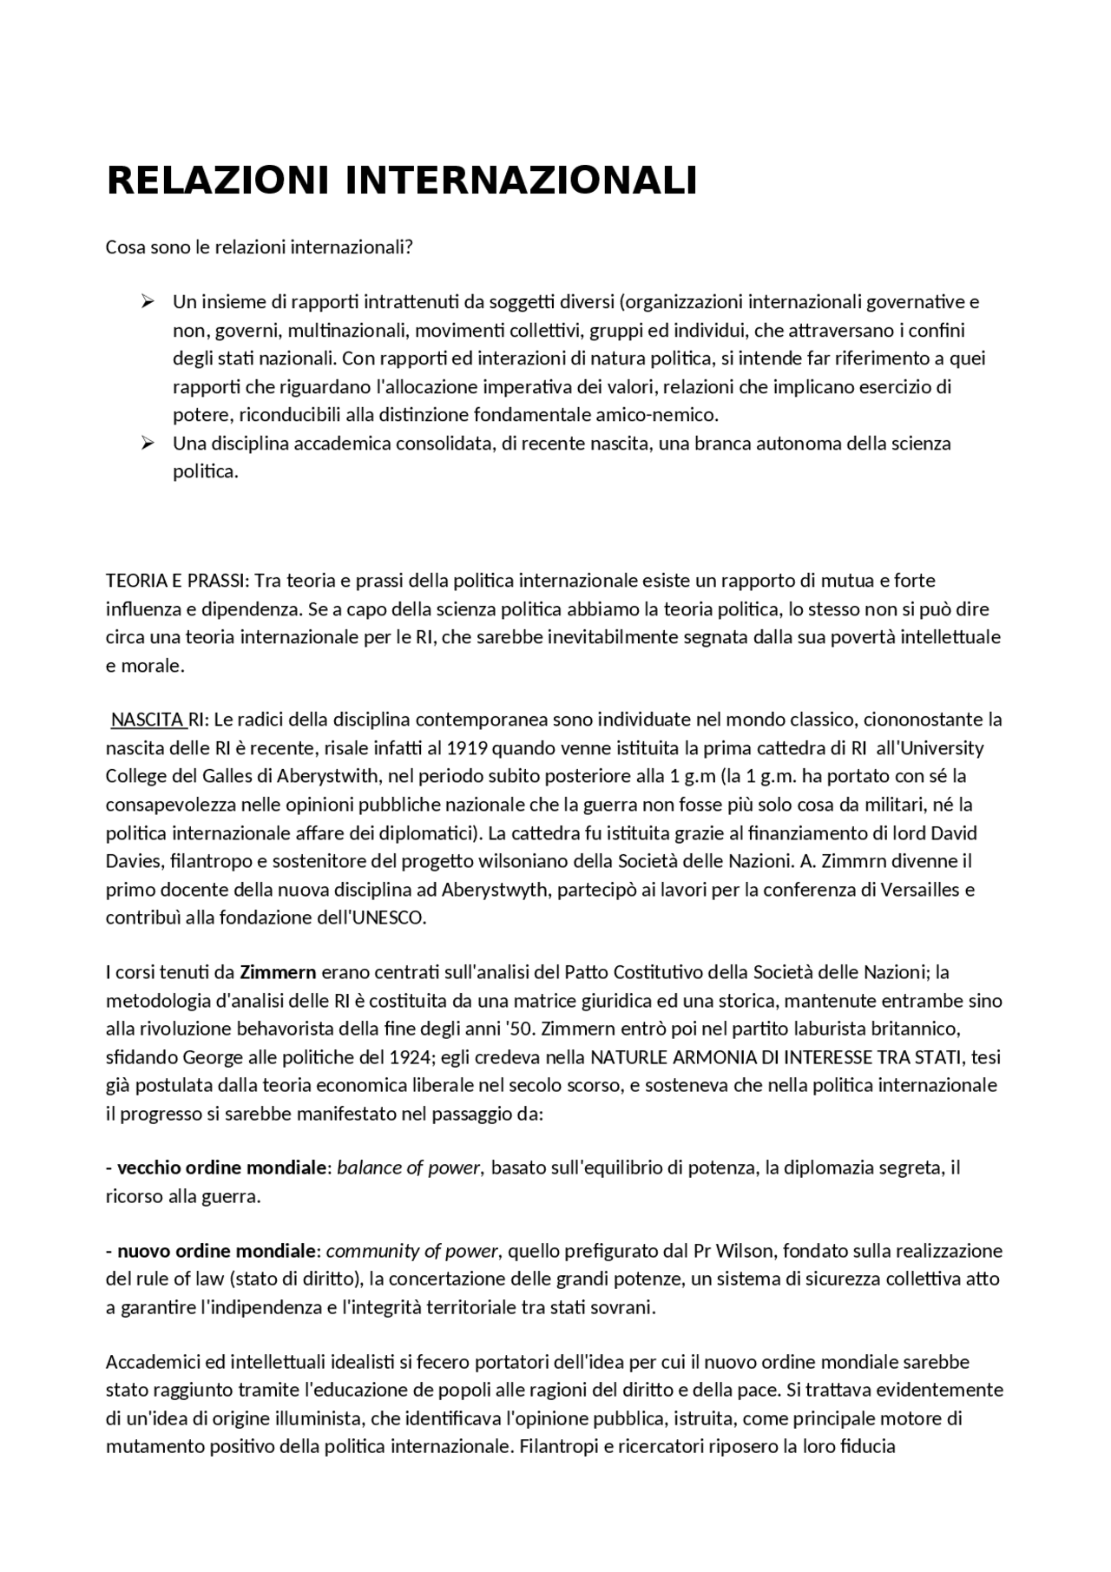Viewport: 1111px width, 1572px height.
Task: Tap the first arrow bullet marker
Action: pyautogui.click(x=147, y=301)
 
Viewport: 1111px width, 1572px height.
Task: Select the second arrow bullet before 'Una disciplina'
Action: pyautogui.click(x=147, y=443)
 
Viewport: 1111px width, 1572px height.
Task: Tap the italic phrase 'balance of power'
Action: pyautogui.click(x=409, y=1167)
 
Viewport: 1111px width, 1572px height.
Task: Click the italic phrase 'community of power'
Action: pyautogui.click(x=412, y=1251)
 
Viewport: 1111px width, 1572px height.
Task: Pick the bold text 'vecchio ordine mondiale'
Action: pyautogui.click(x=220, y=1167)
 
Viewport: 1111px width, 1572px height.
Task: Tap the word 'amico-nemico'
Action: pyautogui.click(x=667, y=414)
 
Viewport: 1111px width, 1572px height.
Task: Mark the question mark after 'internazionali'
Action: pyautogui.click(x=409, y=247)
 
